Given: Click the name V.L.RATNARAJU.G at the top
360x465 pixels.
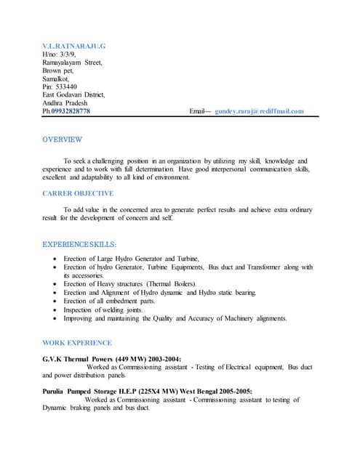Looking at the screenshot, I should pos(74,46).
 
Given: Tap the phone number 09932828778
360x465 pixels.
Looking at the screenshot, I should pos(71,111).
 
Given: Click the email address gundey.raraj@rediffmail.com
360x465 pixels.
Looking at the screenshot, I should pos(259,111).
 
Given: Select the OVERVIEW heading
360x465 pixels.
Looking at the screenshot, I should pos(62,139).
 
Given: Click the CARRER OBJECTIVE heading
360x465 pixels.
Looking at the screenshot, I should pos(78,193).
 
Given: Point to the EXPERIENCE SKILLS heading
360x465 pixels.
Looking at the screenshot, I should pos(79,244).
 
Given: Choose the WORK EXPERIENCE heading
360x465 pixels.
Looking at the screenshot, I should pos(77,342).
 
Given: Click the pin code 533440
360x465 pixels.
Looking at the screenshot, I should pos(66,86).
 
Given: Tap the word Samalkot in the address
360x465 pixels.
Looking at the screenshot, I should pos(57,78).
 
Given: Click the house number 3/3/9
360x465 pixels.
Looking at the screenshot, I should pos(66,54).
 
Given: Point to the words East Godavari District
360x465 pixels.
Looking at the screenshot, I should pos(73,94).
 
